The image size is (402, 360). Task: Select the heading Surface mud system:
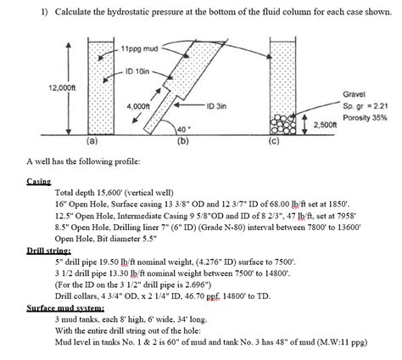(x=61, y=310)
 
